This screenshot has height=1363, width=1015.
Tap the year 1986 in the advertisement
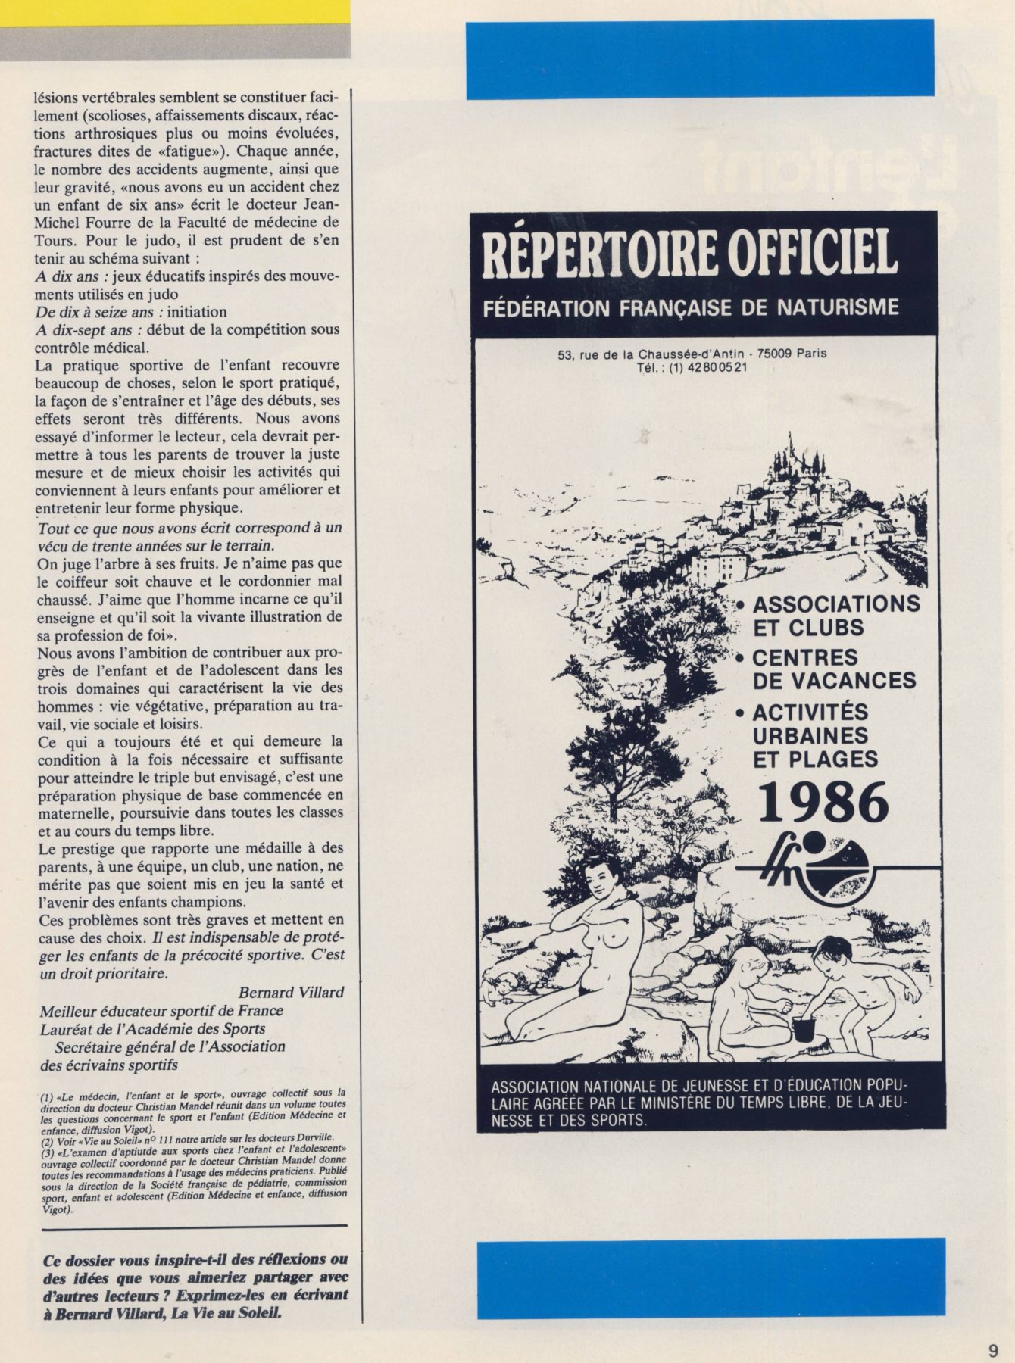pos(823,803)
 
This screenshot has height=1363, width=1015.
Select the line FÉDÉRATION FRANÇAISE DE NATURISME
pos(691,307)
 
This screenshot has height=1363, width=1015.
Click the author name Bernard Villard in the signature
pos(291,992)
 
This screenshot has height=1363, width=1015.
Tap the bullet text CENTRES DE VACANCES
pos(833,668)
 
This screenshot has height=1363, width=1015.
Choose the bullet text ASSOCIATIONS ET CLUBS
pos(835,616)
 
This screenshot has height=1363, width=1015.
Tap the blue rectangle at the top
pos(699,59)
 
